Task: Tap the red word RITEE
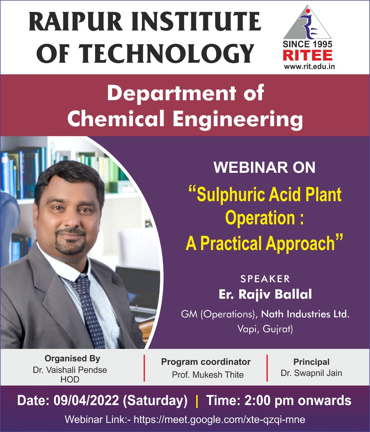(x=308, y=55)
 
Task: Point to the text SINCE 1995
(x=307, y=44)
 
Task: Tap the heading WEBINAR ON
(x=264, y=167)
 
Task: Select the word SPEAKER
(x=265, y=279)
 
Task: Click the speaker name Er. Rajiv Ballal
(x=265, y=294)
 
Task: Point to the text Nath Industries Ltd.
(x=305, y=314)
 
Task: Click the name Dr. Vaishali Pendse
(x=70, y=370)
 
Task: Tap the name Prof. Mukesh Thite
(x=208, y=375)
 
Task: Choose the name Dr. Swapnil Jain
(x=311, y=373)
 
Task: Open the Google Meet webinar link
(x=219, y=419)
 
